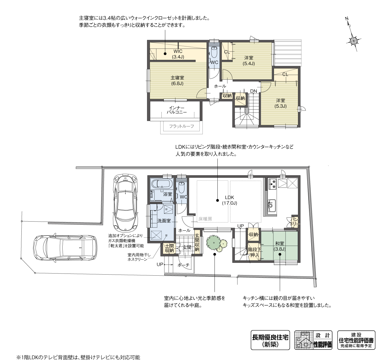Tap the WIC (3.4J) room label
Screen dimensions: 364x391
[178, 54]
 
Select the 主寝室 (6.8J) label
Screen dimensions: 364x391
[177, 80]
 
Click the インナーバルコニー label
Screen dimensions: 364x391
[177, 110]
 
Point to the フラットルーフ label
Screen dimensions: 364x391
[181, 126]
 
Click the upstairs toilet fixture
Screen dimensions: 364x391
[214, 53]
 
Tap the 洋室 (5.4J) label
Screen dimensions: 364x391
[249, 60]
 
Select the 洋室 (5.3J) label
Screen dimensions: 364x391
[280, 103]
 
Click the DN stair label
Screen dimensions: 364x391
[254, 91]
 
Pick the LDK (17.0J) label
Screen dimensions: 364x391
[229, 200]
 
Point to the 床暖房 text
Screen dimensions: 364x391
[205, 219]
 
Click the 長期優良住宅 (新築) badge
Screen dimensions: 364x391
[270, 340]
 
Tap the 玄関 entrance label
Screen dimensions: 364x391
[187, 247]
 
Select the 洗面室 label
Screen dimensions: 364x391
[164, 221]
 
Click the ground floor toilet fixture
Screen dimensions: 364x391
[181, 188]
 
